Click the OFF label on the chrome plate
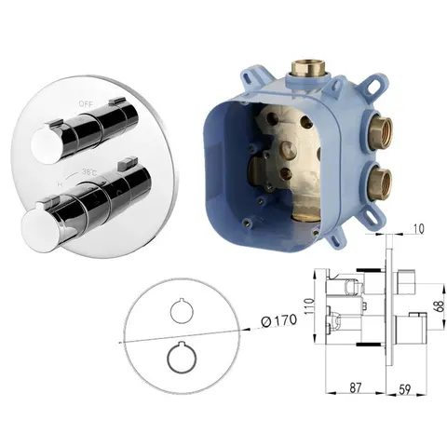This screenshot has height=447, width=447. click(86, 104)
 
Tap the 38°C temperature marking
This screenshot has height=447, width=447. click(89, 171)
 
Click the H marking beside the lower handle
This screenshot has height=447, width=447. click(61, 184)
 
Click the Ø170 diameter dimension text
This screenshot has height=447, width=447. click(278, 321)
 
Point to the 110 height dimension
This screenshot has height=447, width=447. click(309, 305)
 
